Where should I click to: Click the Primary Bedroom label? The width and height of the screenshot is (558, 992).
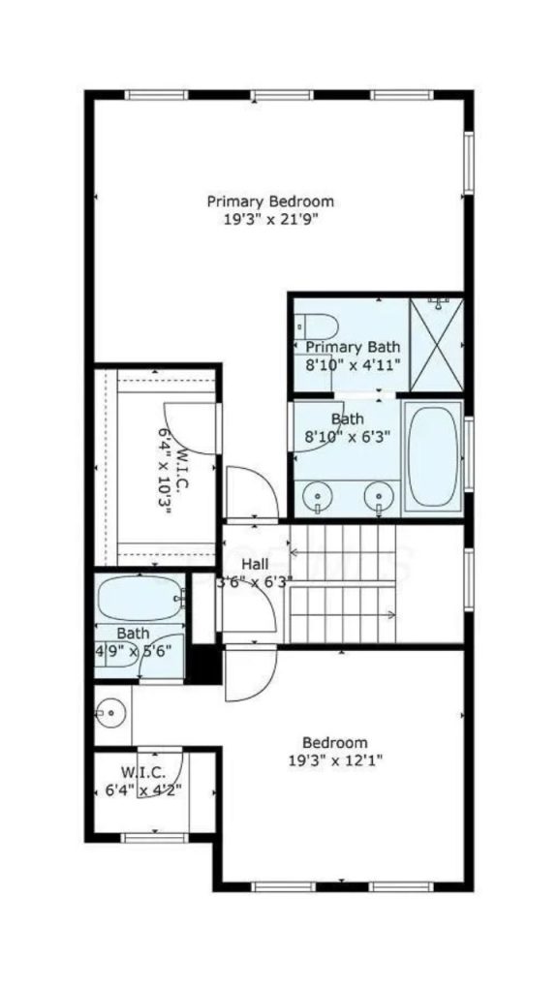click(x=270, y=201)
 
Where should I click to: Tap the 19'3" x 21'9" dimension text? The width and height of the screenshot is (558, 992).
click(x=270, y=220)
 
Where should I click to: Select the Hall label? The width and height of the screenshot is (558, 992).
click(x=256, y=563)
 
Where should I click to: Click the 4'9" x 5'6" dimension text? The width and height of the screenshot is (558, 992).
click(x=133, y=651)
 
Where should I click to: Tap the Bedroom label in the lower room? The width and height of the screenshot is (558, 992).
click(x=335, y=742)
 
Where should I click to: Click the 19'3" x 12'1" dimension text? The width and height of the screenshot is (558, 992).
click(x=335, y=760)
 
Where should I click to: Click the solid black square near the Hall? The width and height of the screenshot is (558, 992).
click(x=203, y=664)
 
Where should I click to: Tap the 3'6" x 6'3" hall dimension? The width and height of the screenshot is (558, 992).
click(x=254, y=581)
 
